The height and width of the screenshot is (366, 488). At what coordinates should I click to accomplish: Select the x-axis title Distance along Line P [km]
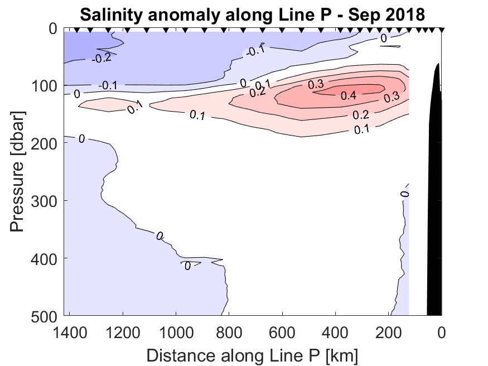252,355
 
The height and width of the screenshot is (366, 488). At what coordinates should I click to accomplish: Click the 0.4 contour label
349,95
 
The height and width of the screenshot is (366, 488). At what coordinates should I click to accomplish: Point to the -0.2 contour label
101,58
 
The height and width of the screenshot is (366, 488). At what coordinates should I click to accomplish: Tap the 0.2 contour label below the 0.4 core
361,115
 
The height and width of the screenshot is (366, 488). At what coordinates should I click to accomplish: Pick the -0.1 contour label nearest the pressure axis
107,86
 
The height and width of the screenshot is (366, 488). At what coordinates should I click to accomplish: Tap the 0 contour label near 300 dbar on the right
405,194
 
